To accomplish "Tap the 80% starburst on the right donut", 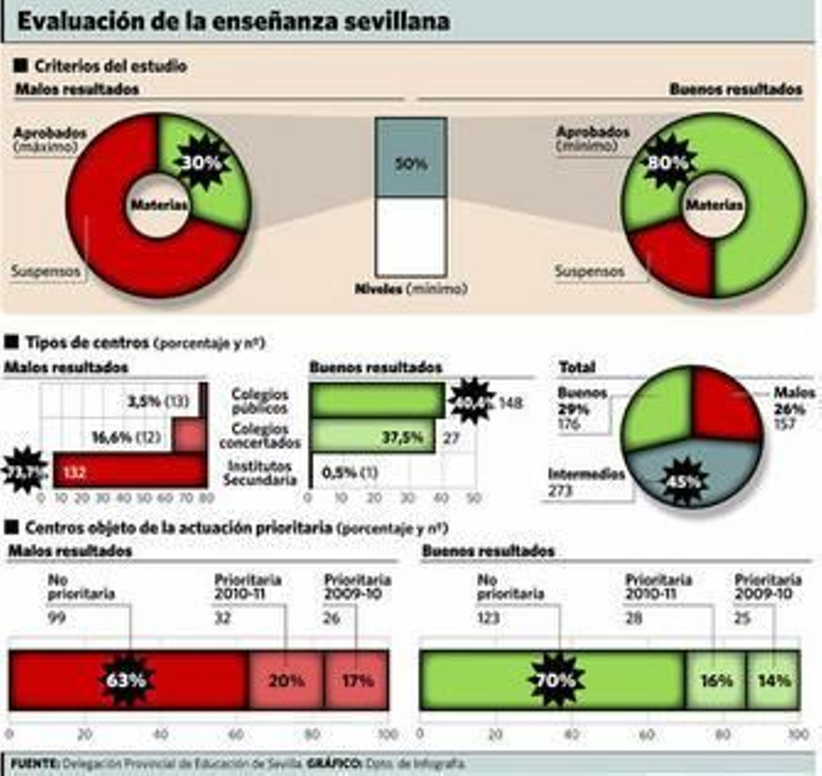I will click(667, 163).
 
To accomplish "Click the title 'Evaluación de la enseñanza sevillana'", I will click(234, 22).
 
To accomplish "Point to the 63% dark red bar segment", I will click(126, 680).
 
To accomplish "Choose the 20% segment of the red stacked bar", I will click(286, 680).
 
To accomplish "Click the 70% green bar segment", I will click(555, 680).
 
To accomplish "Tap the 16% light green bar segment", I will click(716, 680).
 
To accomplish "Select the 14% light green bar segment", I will click(774, 680).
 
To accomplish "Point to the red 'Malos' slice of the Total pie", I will click(722, 406).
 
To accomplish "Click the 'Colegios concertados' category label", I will click(259, 435).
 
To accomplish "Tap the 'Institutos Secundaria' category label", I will click(260, 473).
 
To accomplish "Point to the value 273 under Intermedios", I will click(559, 491).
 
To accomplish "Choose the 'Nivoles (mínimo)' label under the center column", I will click(411, 288).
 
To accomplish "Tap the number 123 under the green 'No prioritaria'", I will click(488, 617).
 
